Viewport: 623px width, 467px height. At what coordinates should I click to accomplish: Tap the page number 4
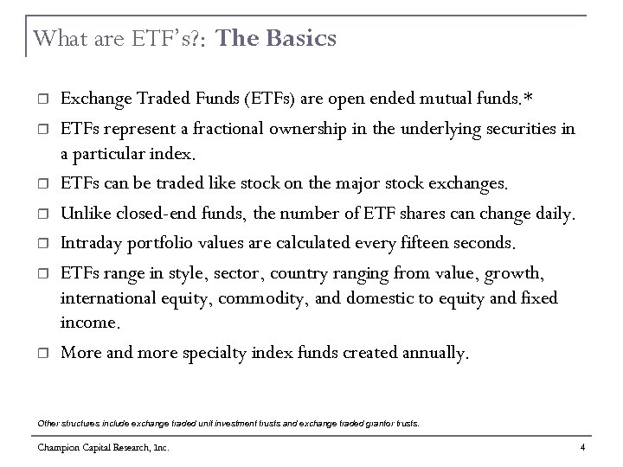point(584,448)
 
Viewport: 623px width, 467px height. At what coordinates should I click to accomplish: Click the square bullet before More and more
point(42,353)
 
